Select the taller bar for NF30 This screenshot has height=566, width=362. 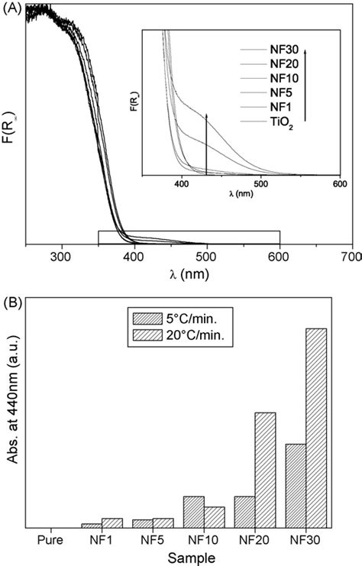pos(316,427)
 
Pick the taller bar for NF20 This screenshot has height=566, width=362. pos(265,469)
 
